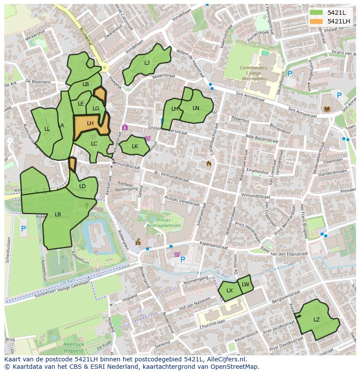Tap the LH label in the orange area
[x=90, y=123]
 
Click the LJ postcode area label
[x=147, y=63]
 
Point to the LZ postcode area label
[x=317, y=320]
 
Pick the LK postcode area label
[x=135, y=146]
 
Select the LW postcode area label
[x=246, y=285]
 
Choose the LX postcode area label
[x=230, y=291]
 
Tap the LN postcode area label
[x=196, y=108]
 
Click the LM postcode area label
[x=175, y=109]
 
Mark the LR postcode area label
[x=58, y=215]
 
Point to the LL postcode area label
[x=47, y=129]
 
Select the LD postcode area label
[x=83, y=187]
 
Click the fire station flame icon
[x=209, y=164]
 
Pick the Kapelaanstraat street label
[x=213, y=246]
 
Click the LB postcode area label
[x=86, y=84]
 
